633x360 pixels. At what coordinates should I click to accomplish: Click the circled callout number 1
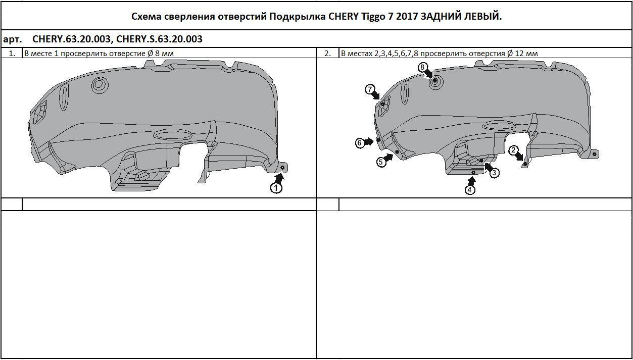(x=276, y=188)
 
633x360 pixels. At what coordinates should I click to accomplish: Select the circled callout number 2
(x=513, y=150)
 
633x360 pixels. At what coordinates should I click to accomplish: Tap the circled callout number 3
(x=495, y=173)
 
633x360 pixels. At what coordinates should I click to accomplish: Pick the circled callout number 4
(x=470, y=190)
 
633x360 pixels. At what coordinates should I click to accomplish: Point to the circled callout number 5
(x=380, y=162)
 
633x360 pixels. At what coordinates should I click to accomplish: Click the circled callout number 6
(x=360, y=143)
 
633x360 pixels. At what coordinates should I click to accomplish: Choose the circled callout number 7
(x=370, y=90)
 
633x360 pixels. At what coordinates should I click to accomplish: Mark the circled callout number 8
(x=423, y=67)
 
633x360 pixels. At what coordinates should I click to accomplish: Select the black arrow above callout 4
(x=472, y=180)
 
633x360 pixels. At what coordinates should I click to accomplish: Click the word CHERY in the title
(x=346, y=16)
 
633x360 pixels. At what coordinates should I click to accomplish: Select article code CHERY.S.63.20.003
(x=159, y=39)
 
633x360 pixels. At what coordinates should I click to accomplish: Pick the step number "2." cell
(x=327, y=53)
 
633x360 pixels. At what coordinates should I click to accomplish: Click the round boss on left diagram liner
(x=100, y=84)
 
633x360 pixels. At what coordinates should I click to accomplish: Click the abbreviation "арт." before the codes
(x=13, y=39)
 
